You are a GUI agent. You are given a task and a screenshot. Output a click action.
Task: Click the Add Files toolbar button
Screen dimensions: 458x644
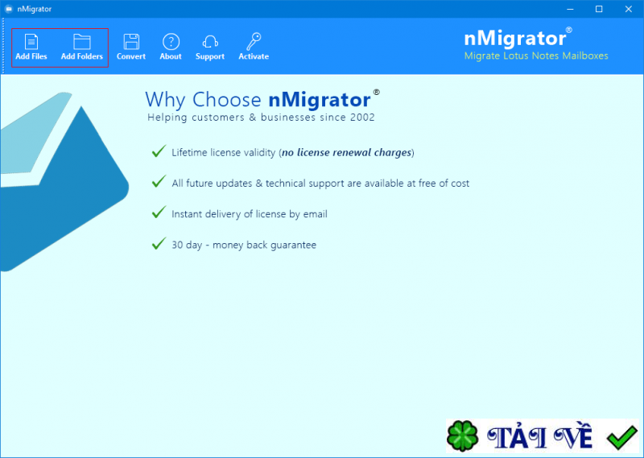[31, 47]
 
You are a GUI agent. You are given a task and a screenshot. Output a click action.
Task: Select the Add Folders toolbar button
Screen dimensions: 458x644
[81, 47]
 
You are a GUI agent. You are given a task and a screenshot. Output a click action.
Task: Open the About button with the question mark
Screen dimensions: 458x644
[171, 47]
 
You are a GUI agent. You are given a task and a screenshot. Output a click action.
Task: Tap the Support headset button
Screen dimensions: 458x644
[210, 47]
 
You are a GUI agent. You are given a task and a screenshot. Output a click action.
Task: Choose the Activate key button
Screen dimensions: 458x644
[254, 47]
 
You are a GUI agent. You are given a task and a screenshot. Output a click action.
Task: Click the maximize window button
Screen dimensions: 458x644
[599, 9]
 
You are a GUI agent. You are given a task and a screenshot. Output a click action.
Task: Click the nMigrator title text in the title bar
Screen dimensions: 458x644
[35, 10]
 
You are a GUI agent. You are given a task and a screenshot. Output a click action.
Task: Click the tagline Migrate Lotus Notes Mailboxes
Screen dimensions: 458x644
[536, 56]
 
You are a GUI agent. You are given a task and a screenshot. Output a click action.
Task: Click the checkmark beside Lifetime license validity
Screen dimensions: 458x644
[159, 151]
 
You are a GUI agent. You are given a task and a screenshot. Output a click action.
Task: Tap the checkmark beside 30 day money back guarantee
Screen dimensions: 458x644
[159, 243]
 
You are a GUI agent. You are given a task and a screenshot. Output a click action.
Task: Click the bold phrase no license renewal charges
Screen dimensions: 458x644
[346, 152]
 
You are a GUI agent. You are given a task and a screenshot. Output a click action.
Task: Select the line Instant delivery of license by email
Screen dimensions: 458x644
[250, 214]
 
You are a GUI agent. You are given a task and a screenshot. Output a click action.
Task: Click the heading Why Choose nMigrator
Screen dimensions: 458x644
[258, 100]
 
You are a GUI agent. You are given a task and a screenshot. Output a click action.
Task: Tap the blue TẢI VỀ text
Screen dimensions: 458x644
[541, 438]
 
